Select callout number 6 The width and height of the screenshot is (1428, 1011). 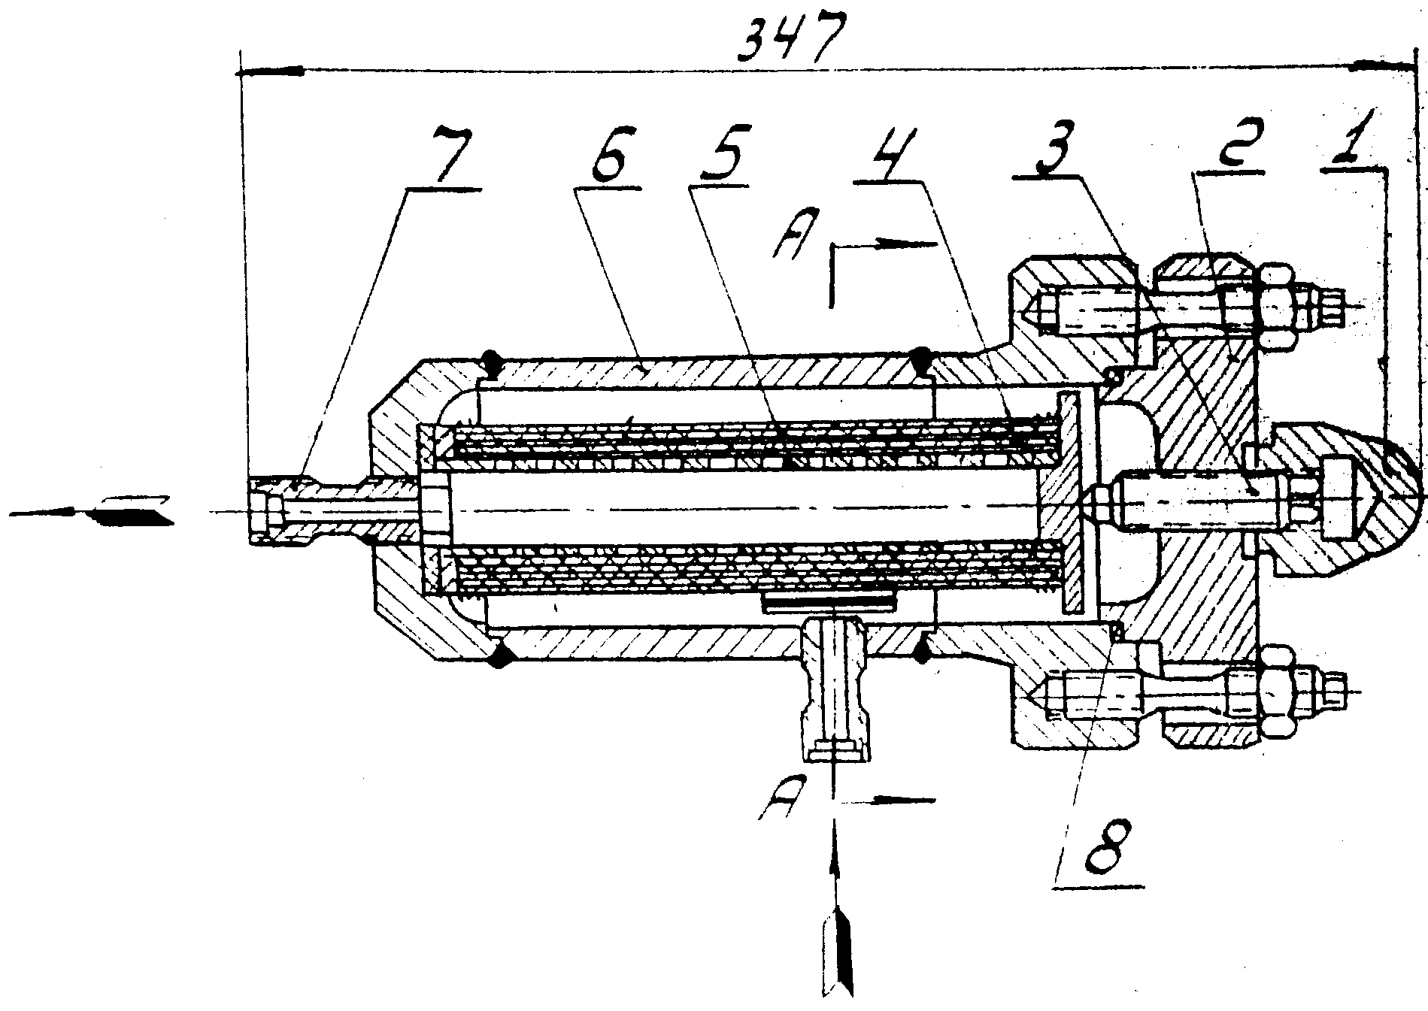tap(611, 157)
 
